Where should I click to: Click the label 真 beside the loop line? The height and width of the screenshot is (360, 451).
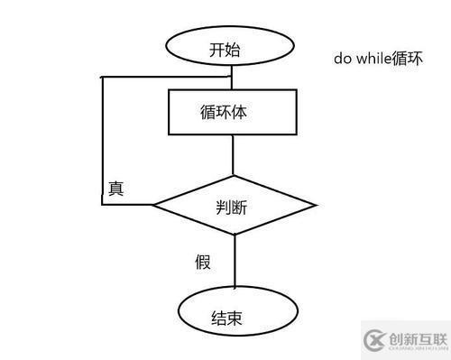(116, 189)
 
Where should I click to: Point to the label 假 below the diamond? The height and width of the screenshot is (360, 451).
(203, 262)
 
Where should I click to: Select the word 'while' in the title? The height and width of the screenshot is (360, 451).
(373, 59)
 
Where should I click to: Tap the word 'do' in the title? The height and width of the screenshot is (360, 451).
(342, 59)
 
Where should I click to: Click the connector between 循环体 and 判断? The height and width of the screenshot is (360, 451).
(233, 154)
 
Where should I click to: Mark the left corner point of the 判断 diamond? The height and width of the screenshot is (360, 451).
(152, 205)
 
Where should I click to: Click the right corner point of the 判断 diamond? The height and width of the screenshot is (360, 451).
(314, 205)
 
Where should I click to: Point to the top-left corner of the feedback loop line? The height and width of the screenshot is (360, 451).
(102, 78)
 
